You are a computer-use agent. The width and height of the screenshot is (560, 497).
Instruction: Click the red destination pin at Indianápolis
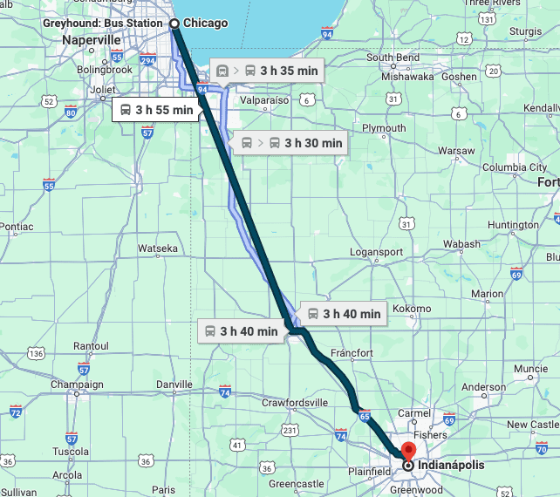(x=406, y=452)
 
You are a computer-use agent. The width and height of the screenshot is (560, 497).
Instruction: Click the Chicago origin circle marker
(x=174, y=24)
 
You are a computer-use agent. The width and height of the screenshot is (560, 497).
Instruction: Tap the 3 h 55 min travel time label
(x=154, y=110)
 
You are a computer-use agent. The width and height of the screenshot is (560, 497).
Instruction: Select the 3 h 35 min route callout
(x=268, y=70)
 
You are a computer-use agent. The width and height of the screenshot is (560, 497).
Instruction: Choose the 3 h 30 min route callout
(x=292, y=142)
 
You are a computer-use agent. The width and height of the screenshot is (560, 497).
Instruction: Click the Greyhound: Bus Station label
(x=102, y=23)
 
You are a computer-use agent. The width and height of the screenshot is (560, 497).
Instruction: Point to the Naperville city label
(x=91, y=40)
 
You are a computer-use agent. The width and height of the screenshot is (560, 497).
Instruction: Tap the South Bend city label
(x=393, y=58)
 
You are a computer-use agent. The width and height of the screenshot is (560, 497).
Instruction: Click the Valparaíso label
(x=263, y=100)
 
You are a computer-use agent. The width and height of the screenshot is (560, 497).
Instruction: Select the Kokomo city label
(x=412, y=309)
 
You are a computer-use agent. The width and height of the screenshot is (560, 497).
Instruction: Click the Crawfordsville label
(x=295, y=402)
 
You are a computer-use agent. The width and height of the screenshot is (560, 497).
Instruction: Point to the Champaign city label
(x=77, y=385)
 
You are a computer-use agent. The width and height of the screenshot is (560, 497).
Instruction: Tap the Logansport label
(x=376, y=252)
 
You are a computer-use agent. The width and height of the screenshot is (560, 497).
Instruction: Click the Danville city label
(x=174, y=385)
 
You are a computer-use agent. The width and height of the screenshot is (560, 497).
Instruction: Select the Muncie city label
(x=530, y=369)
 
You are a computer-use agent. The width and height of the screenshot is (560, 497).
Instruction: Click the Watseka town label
(x=158, y=248)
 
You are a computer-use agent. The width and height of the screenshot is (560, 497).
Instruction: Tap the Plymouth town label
(x=384, y=128)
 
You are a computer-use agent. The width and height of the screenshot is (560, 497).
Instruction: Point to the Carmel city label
(x=413, y=412)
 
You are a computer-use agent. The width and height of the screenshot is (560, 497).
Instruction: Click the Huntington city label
(x=513, y=225)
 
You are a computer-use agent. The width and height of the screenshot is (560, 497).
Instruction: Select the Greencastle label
(x=297, y=483)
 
